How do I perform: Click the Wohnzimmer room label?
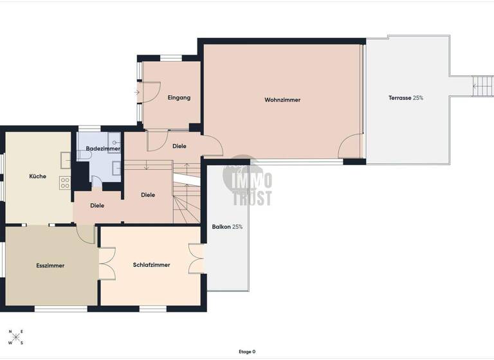point(282,100)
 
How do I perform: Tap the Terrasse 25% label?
point(405,98)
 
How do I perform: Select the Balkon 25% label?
point(227,227)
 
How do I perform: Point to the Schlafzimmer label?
point(151,265)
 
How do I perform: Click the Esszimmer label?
point(50,265)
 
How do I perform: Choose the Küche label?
point(37,176)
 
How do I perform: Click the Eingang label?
point(179,98)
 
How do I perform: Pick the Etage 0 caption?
point(246,352)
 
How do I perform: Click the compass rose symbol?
point(15,337)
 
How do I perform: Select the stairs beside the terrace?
point(482,86)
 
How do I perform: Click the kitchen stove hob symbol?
point(65,183)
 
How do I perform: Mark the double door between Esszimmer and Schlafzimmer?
point(106,264)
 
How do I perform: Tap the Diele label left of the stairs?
point(97,206)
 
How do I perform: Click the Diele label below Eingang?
point(179,146)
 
